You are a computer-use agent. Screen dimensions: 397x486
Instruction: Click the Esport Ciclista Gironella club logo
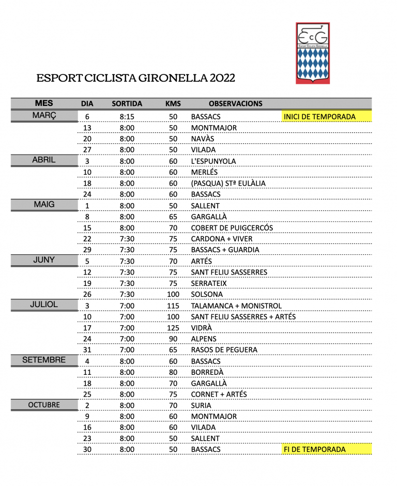pos(312,53)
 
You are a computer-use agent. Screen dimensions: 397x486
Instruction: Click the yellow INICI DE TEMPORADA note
pos(319,117)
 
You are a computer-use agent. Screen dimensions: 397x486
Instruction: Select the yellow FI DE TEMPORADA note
pos(314,449)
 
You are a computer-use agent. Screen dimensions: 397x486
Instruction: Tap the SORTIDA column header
pos(127,103)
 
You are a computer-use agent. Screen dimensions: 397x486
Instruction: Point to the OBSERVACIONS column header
pos(235,103)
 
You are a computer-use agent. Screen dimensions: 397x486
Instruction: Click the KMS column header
pos(173,103)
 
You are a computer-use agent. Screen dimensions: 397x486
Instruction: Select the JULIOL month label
pos(44,305)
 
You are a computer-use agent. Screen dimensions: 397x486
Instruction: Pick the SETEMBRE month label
pos(44,360)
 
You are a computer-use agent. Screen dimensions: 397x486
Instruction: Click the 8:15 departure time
pos(127,117)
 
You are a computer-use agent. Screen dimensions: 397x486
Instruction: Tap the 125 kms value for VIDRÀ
pos(173,328)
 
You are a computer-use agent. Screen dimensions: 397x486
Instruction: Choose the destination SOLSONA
pos(207,294)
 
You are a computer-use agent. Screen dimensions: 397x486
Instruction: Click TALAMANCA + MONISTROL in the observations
pos(236,306)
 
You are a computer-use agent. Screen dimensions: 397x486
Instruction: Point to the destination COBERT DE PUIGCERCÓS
pos(232,227)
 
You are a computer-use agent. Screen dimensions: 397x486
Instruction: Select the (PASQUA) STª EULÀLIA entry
pos(228,183)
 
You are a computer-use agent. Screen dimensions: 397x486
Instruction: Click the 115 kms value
pos(173,306)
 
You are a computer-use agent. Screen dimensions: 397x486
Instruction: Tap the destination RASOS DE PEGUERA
pos(224,350)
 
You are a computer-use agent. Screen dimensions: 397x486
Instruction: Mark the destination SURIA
pos(201,405)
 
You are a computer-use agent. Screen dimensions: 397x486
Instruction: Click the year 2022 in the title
pos(223,79)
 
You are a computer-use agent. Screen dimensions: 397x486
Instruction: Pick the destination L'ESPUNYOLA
pos(213,161)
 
